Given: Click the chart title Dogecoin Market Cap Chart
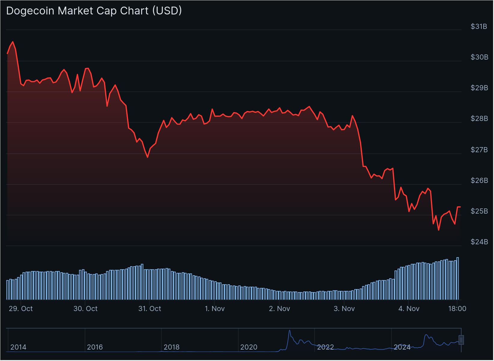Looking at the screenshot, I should coord(94,11).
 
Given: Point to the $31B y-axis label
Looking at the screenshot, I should coord(479,26).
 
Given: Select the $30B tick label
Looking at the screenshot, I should coord(479,57).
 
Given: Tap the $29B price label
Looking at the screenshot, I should coord(479,88).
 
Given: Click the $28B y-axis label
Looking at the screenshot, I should coord(479,119).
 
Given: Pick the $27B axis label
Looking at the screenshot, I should coord(479,150).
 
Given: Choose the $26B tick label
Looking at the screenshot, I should coord(479,180).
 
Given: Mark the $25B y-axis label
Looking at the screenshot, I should coord(479,211).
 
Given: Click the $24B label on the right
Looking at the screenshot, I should coord(479,242).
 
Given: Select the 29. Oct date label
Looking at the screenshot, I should coord(21,309).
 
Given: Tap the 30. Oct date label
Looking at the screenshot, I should coord(86,309).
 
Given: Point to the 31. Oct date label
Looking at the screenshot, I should coord(150,309).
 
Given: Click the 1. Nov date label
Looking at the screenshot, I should coord(215,309).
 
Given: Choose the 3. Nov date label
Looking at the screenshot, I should coord(344,309).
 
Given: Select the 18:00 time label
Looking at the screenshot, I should coord(457,309).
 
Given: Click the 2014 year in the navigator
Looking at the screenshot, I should coord(18,347).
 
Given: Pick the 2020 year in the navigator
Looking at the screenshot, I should coord(249,347).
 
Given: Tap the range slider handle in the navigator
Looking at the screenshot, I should coord(461,340).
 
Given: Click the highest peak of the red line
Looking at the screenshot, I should coord(13,42).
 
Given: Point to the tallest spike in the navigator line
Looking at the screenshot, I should coord(290,330).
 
